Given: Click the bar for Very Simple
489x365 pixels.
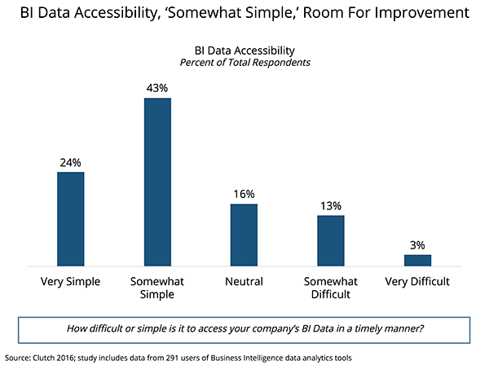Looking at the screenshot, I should (71, 218).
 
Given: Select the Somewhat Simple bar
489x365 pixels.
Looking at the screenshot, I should (157, 182).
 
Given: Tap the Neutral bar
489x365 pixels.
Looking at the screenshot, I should (244, 235).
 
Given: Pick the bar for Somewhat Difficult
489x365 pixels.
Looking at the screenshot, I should (330, 240).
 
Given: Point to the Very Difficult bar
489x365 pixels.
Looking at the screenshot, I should (417, 260).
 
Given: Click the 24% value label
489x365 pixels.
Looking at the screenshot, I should (71, 162).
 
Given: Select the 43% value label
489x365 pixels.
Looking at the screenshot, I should (157, 88).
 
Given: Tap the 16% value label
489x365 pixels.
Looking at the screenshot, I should (244, 194).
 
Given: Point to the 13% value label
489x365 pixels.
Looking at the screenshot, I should (330, 205).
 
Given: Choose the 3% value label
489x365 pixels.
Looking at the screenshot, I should (417, 244).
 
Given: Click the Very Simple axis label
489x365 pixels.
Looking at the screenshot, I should (71, 282).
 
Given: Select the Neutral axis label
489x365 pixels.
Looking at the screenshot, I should (244, 282).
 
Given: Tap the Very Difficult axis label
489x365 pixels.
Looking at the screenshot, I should (417, 282).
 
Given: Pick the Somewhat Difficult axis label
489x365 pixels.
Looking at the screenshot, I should (330, 288).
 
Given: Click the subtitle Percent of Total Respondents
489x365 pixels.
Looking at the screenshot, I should (244, 63).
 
